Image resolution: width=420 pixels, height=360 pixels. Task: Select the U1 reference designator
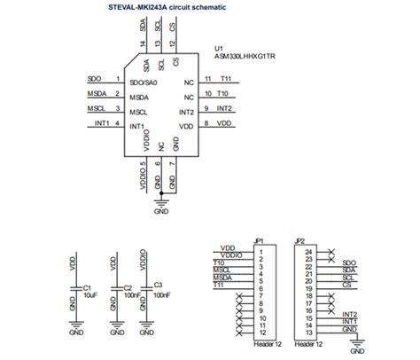coord(219,47)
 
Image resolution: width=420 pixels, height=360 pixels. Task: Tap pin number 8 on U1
coord(206,125)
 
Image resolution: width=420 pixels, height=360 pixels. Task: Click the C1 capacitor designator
coord(87,288)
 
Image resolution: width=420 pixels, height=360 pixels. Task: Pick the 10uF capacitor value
coord(89,296)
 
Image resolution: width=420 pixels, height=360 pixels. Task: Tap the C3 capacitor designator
coord(159,285)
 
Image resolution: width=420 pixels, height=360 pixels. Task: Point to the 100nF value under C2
coord(130,296)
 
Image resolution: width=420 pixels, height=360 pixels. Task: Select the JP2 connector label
coord(299,240)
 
